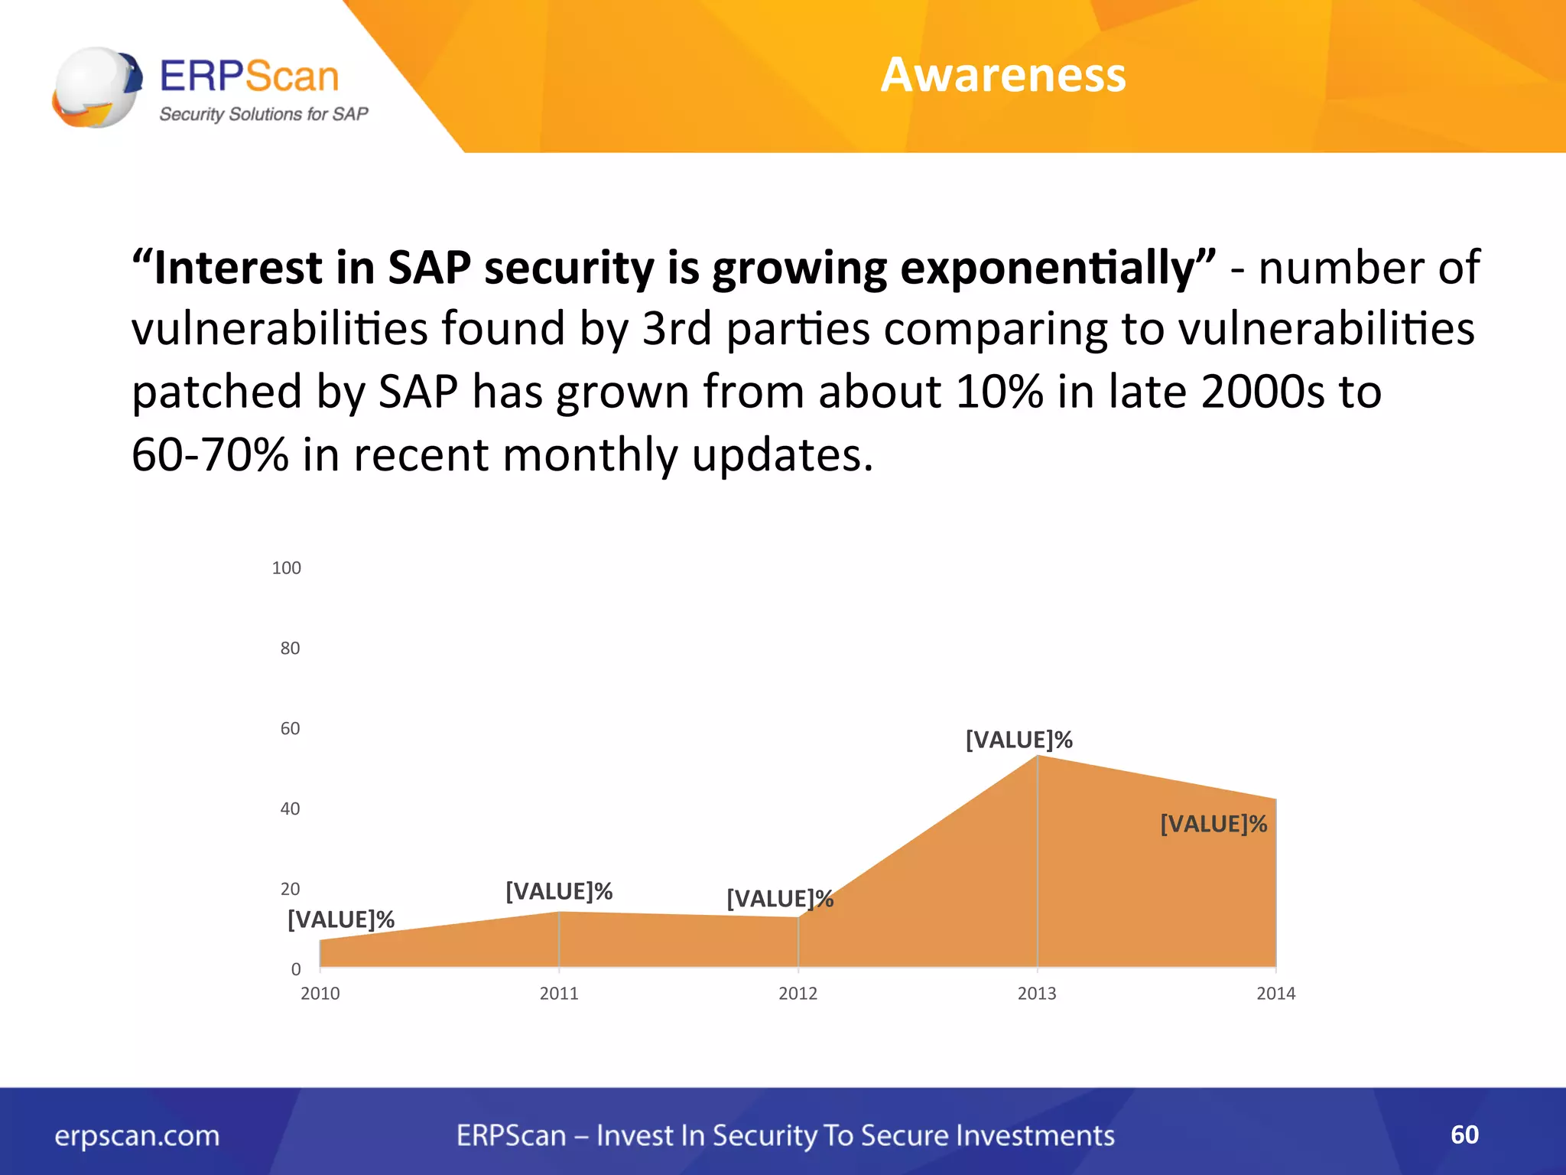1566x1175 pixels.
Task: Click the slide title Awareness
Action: tap(1002, 75)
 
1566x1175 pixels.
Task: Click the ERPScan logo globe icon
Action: tap(97, 86)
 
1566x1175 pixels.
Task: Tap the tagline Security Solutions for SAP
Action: tap(263, 115)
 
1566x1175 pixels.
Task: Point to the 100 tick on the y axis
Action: tap(286, 568)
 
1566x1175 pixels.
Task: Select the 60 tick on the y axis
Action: tap(290, 728)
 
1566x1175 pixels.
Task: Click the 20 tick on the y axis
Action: tap(290, 889)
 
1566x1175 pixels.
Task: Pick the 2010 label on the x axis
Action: tap(320, 993)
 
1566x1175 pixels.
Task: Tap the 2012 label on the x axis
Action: tap(798, 993)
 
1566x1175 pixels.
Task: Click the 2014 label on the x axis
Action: tap(1275, 993)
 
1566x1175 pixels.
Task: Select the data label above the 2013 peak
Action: tap(1019, 740)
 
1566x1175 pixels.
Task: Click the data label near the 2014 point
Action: tap(1213, 824)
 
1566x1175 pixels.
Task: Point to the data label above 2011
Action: tap(559, 891)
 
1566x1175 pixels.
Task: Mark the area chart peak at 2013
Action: tap(1037, 757)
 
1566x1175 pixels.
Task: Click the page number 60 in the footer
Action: tap(1464, 1134)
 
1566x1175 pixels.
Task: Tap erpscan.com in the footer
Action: tap(137, 1136)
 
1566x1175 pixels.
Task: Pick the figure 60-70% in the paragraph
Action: tap(210, 454)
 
